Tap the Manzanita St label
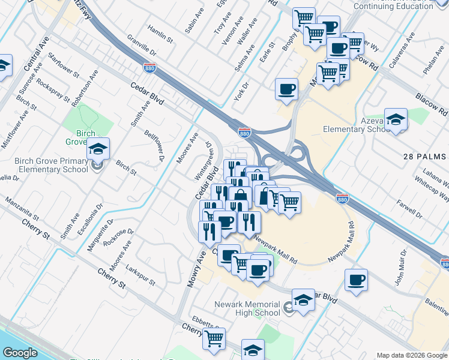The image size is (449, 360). (x=23, y=208)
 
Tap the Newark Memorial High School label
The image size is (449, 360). (x=247, y=308)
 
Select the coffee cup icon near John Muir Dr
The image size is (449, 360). (x=356, y=279)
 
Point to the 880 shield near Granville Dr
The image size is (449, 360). (x=150, y=67)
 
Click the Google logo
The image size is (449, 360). (x=20, y=353)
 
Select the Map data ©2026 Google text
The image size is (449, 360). (x=412, y=355)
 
